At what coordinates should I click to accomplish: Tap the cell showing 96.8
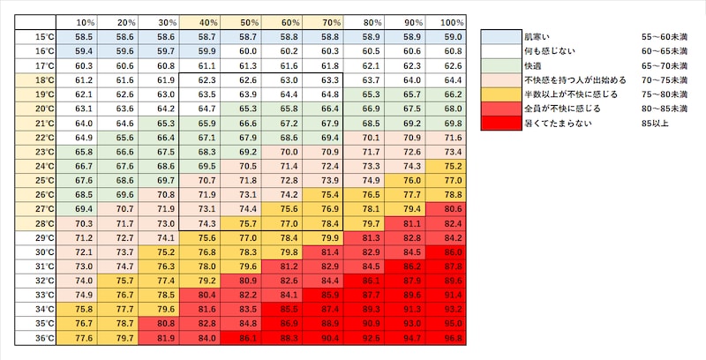[x=453, y=337]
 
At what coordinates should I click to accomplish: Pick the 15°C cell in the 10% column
[x=86, y=36]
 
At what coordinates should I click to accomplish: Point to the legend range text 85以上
[x=654, y=122]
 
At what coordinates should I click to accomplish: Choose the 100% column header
[x=453, y=22]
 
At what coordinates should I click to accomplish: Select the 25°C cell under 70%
[x=331, y=180]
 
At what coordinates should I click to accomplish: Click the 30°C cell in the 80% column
[x=371, y=252]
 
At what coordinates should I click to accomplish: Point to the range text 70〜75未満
[x=664, y=79]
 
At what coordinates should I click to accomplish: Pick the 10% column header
[x=86, y=22]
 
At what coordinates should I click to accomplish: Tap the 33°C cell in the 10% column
[x=86, y=295]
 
